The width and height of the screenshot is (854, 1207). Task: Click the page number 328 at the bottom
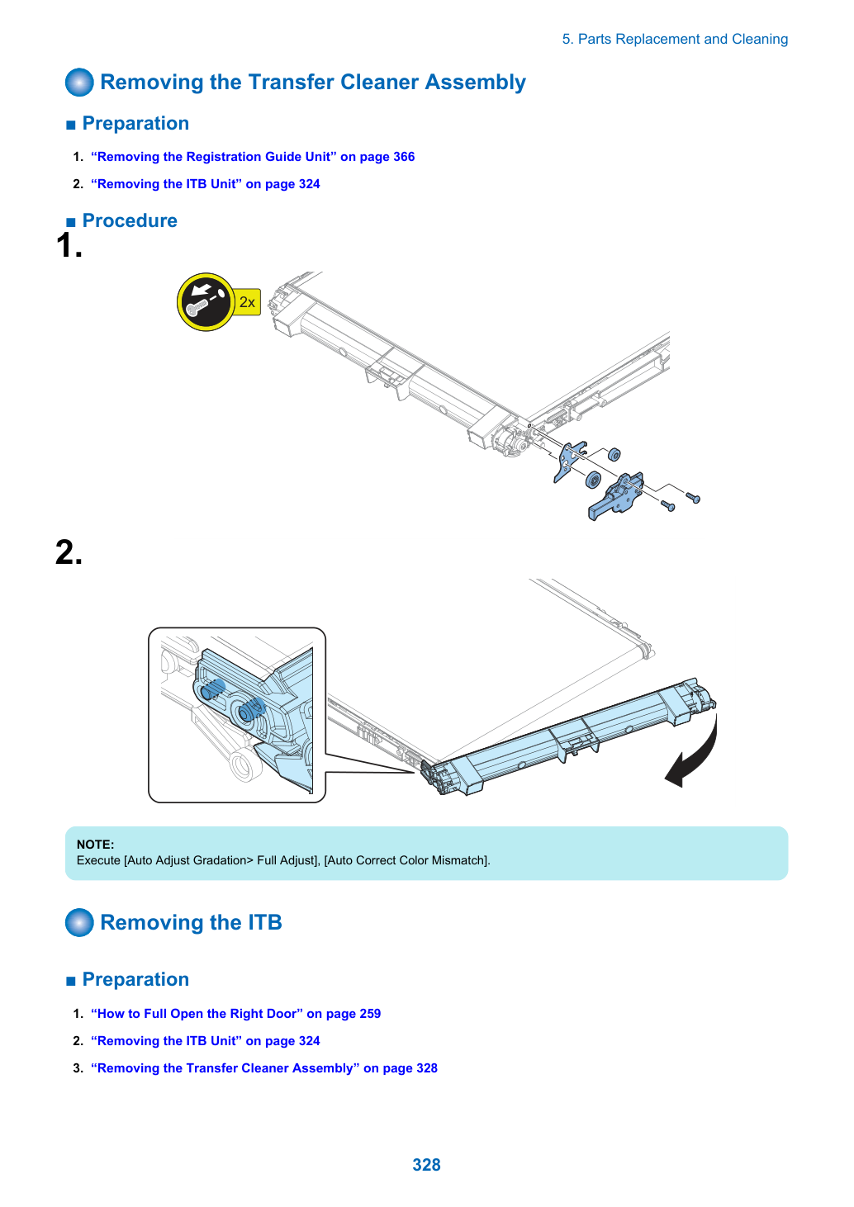pyautogui.click(x=426, y=1164)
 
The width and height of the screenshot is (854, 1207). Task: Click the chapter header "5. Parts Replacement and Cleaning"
pyautogui.click(x=675, y=39)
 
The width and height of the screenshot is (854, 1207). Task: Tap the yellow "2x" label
pyautogui.click(x=248, y=302)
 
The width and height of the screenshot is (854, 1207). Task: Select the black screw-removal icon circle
pyautogui.click(x=206, y=302)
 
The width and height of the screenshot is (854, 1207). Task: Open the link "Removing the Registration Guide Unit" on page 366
pyautogui.click(x=253, y=157)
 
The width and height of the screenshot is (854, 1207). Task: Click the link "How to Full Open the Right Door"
pyautogui.click(x=235, y=1014)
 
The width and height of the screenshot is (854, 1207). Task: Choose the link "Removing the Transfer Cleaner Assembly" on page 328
pyautogui.click(x=264, y=1068)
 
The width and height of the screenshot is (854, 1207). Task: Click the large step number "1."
pyautogui.click(x=69, y=245)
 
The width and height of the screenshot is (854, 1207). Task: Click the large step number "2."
pyautogui.click(x=69, y=552)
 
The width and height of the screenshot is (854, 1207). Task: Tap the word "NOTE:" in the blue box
pyautogui.click(x=96, y=845)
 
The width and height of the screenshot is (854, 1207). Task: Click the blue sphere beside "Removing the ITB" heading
pyautogui.click(x=80, y=922)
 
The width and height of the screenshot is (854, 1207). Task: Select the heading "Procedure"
pyautogui.click(x=130, y=220)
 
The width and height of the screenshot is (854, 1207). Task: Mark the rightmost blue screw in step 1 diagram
pyautogui.click(x=693, y=498)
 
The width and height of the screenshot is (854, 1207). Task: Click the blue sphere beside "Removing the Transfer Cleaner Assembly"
pyautogui.click(x=80, y=82)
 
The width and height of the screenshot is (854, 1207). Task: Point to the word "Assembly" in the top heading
pyautogui.click(x=476, y=83)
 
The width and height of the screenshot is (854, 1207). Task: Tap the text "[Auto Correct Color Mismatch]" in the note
pyautogui.click(x=407, y=860)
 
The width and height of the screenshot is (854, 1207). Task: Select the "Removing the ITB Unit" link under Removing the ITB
pyautogui.click(x=206, y=1040)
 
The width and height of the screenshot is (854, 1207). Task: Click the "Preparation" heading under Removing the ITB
pyautogui.click(x=135, y=979)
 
